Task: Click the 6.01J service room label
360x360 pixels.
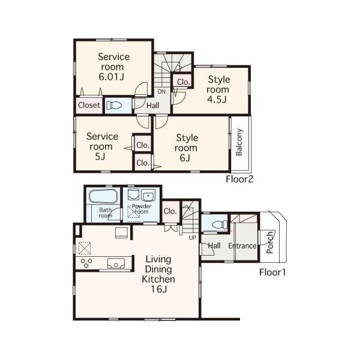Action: pyautogui.click(x=114, y=67)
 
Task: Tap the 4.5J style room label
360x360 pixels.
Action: pyautogui.click(x=218, y=89)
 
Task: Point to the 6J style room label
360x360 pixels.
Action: pyautogui.click(x=186, y=148)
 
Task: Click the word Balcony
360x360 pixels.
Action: pyautogui.click(x=239, y=143)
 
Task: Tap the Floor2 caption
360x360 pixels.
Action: pyautogui.click(x=240, y=179)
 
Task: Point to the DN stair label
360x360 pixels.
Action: pyautogui.click(x=161, y=92)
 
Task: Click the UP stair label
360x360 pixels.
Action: pyautogui.click(x=192, y=238)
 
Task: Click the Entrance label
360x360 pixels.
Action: pyautogui.click(x=242, y=246)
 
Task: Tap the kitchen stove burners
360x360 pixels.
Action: pyautogui.click(x=86, y=262)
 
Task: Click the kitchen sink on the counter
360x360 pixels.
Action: pyautogui.click(x=115, y=262)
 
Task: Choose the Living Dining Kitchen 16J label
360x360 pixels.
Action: pyautogui.click(x=158, y=274)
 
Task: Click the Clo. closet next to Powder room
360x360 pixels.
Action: pyautogui.click(x=170, y=211)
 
